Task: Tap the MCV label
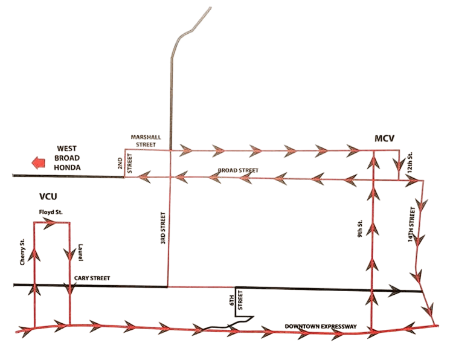click(x=384, y=139)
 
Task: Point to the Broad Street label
click(x=239, y=171)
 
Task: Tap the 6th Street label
click(x=240, y=300)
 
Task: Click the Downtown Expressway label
click(x=320, y=327)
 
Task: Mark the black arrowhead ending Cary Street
click(x=395, y=291)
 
